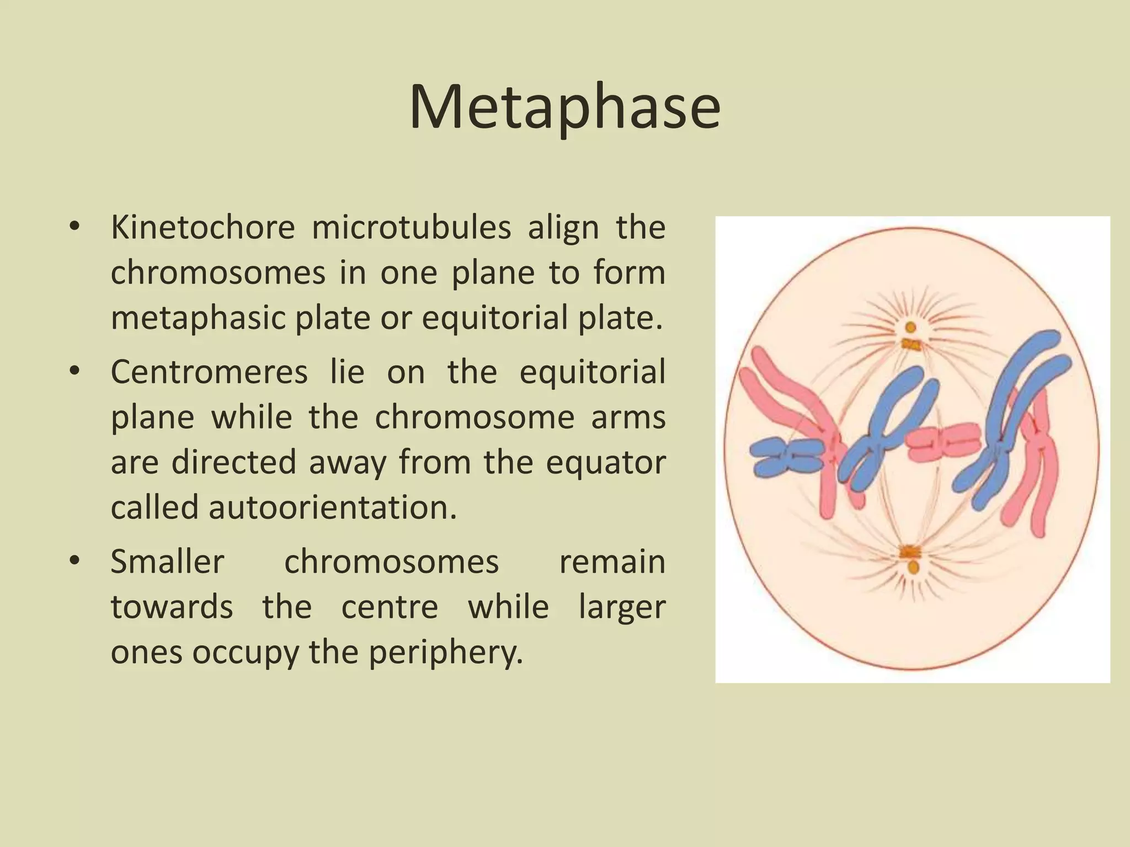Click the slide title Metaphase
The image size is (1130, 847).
pos(564,107)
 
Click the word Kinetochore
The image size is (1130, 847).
pos(202,227)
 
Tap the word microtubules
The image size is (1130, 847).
pos(411,227)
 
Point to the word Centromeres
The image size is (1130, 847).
pos(209,372)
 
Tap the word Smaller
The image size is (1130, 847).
pos(167,562)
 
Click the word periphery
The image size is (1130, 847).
pos(445,653)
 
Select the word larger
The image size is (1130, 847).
pos(622,608)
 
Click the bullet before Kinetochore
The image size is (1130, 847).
pos(75,227)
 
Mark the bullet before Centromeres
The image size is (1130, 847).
pos(75,372)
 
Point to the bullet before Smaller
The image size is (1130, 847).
pos(75,562)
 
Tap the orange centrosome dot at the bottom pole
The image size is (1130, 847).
pos(914,567)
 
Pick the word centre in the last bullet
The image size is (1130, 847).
pos(390,608)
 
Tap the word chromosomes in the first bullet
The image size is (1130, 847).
pos(218,273)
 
